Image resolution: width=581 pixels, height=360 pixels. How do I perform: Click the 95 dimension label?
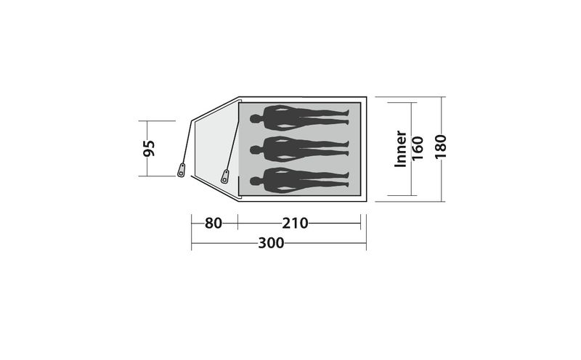[150, 148]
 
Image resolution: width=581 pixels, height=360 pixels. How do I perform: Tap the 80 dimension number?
[214, 224]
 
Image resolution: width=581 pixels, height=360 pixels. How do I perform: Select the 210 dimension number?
[295, 224]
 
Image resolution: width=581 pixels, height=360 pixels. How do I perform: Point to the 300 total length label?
[271, 243]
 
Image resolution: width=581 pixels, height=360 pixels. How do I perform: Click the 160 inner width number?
[418, 148]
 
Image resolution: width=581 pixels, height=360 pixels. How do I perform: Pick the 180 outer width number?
[441, 147]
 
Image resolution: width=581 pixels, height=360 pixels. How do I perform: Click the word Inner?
[401, 149]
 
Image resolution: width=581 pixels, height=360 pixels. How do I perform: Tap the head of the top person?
[255, 119]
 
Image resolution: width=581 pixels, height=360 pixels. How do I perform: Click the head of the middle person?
[255, 150]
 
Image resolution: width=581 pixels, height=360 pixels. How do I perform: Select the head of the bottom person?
[255, 181]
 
